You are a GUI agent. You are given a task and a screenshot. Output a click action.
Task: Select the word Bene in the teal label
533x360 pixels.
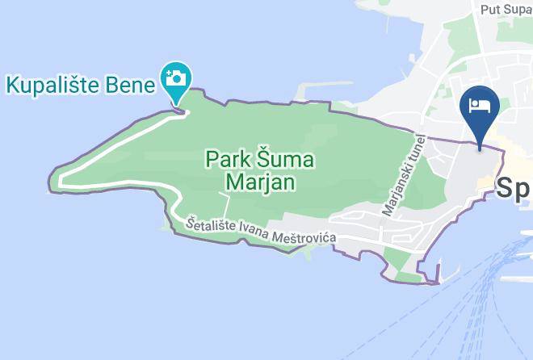(127, 83)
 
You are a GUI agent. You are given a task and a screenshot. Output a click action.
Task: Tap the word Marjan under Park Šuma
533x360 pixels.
(258, 182)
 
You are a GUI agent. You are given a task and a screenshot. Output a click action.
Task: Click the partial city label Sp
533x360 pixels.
(514, 189)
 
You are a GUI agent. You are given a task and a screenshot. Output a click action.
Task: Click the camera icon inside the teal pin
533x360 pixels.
(175, 77)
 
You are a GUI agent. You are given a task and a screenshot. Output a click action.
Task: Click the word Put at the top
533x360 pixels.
(490, 10)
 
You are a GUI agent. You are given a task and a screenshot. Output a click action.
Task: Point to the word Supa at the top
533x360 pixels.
(518, 10)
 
